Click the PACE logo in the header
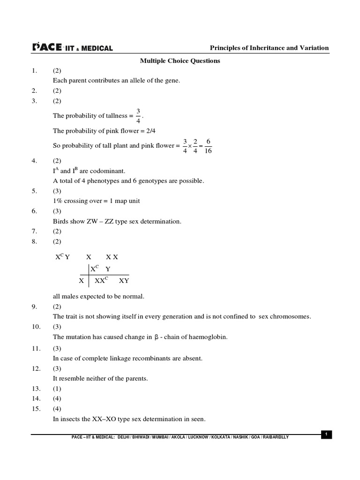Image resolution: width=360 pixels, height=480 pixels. coord(47,47)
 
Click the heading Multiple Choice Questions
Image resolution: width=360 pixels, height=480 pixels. coord(180,61)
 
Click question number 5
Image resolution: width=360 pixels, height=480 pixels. coord(34,191)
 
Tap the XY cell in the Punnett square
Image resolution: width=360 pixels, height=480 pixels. coord(124,281)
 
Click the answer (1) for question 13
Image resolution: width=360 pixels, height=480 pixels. coord(57,389)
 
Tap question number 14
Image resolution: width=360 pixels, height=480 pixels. coord(36,399)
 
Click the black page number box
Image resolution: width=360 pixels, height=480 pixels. coord(327,435)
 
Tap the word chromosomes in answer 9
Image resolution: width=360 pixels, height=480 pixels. coord(291,316)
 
